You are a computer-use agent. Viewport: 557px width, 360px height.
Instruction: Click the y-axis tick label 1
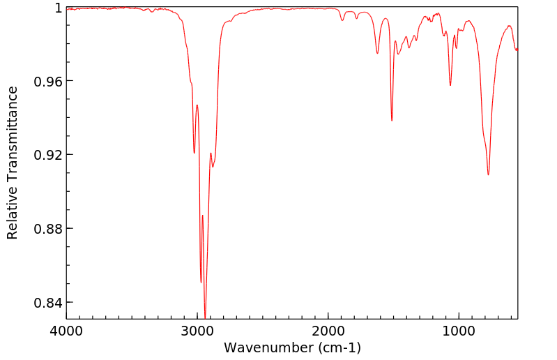[x=58, y=8]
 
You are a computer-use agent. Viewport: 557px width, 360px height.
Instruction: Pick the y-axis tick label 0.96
[x=49, y=82]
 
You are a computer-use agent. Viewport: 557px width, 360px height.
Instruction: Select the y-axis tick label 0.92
[x=49, y=155]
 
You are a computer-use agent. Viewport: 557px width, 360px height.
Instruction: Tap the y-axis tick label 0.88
[x=49, y=229]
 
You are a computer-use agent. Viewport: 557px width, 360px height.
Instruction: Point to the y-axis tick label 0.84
[x=49, y=303]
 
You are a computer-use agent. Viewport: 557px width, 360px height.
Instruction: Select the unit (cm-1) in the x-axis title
[x=338, y=347]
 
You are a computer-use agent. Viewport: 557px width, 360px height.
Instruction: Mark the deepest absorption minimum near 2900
[x=205, y=315]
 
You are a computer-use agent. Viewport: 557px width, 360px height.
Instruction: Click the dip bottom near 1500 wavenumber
[x=392, y=121]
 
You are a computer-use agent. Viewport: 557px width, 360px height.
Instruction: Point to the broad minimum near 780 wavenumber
[x=488, y=175]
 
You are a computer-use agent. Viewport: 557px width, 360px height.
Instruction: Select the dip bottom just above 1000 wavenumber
[x=450, y=85]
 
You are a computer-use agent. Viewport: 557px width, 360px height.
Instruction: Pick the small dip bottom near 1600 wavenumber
[x=377, y=53]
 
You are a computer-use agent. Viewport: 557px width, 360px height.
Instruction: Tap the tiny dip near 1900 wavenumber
[x=342, y=20]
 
